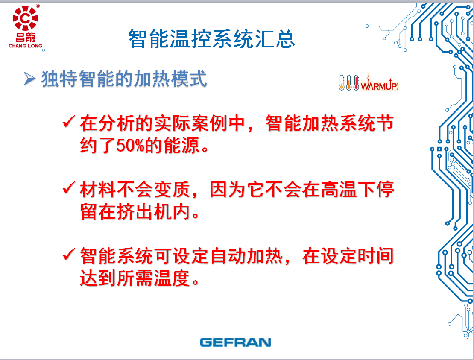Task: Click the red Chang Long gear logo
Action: [x=25, y=18]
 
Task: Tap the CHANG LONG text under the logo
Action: [x=25, y=46]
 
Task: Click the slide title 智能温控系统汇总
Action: [x=211, y=39]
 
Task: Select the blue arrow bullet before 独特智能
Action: [x=29, y=79]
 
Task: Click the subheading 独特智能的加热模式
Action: [x=124, y=79]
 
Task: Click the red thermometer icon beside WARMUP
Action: [x=356, y=82]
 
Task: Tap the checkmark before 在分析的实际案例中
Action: [x=69, y=122]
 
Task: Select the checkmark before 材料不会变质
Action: [x=69, y=187]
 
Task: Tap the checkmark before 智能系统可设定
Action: [x=69, y=254]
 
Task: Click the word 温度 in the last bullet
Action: [x=173, y=278]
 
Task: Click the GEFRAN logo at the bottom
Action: [x=235, y=342]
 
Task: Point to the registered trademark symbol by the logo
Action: [x=38, y=6]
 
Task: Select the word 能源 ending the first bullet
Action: [x=181, y=145]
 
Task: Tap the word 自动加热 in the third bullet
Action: [x=247, y=256]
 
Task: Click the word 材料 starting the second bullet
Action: [x=98, y=190]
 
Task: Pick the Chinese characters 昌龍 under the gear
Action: [x=25, y=38]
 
